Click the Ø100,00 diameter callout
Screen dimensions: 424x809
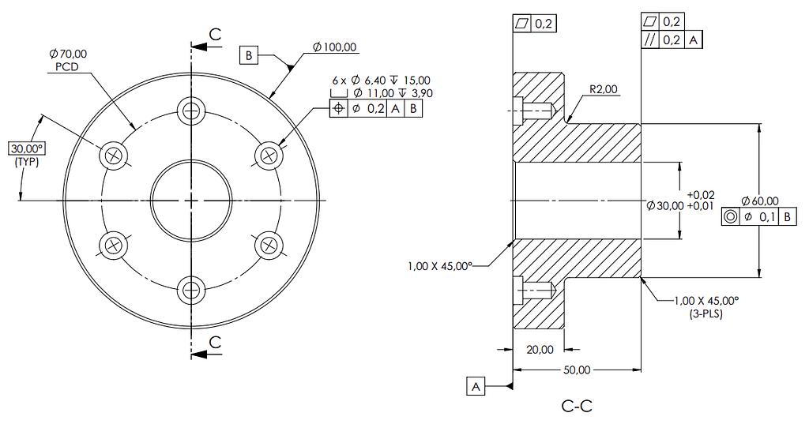(335, 47)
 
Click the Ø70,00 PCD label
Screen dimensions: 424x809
(68, 60)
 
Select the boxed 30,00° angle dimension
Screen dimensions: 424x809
(26, 148)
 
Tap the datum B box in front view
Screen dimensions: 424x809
(249, 55)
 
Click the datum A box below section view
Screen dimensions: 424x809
(476, 386)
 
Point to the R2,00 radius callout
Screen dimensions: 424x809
(604, 89)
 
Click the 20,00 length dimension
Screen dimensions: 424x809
(541, 349)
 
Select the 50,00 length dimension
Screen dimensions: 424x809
(577, 370)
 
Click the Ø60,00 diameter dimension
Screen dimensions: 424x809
(761, 201)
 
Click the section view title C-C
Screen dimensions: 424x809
(576, 407)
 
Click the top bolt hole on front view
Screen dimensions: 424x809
(190, 111)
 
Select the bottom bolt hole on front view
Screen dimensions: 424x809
(190, 290)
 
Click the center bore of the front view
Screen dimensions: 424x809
(190, 201)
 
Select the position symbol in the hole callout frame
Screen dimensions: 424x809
(338, 110)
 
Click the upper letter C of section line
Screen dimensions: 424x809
(215, 33)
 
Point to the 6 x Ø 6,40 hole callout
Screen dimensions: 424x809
(381, 81)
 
